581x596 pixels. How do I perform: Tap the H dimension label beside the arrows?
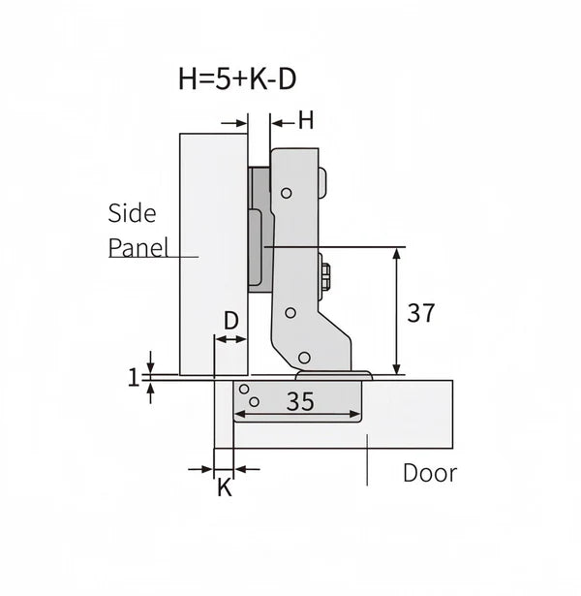(x=306, y=121)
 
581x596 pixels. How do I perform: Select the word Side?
(x=132, y=213)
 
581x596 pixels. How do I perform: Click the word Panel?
(x=138, y=247)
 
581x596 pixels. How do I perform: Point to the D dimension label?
(x=231, y=320)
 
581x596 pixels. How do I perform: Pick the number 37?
(x=420, y=313)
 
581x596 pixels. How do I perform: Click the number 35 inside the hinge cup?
(x=301, y=401)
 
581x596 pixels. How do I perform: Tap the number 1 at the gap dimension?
(x=134, y=378)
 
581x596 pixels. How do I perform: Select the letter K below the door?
(x=224, y=488)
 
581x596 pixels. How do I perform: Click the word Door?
(x=429, y=474)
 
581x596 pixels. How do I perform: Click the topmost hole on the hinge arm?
(x=287, y=195)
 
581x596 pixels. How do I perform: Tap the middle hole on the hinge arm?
(x=290, y=313)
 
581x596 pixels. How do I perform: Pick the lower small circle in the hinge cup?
(x=254, y=400)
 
